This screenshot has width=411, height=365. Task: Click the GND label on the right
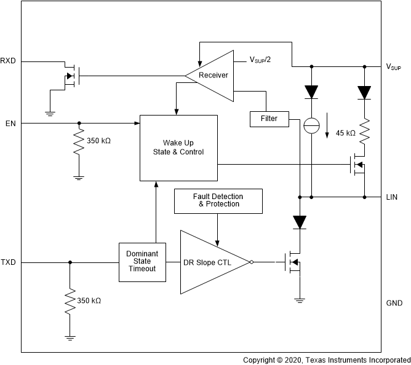coord(394,303)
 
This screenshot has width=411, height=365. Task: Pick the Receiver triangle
coord(212,76)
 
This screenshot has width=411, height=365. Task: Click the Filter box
coord(269,119)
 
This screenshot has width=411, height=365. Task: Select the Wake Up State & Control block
coord(178,147)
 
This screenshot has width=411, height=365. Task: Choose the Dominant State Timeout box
coord(142,262)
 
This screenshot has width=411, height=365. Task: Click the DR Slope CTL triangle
coord(212,262)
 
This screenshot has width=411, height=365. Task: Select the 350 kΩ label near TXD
coord(89,301)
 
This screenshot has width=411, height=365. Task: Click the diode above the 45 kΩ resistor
coord(365,92)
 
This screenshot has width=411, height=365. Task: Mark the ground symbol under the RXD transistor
coord(50,113)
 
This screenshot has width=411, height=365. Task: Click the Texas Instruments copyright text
coord(326,360)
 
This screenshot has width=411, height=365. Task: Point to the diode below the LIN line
coord(299,221)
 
